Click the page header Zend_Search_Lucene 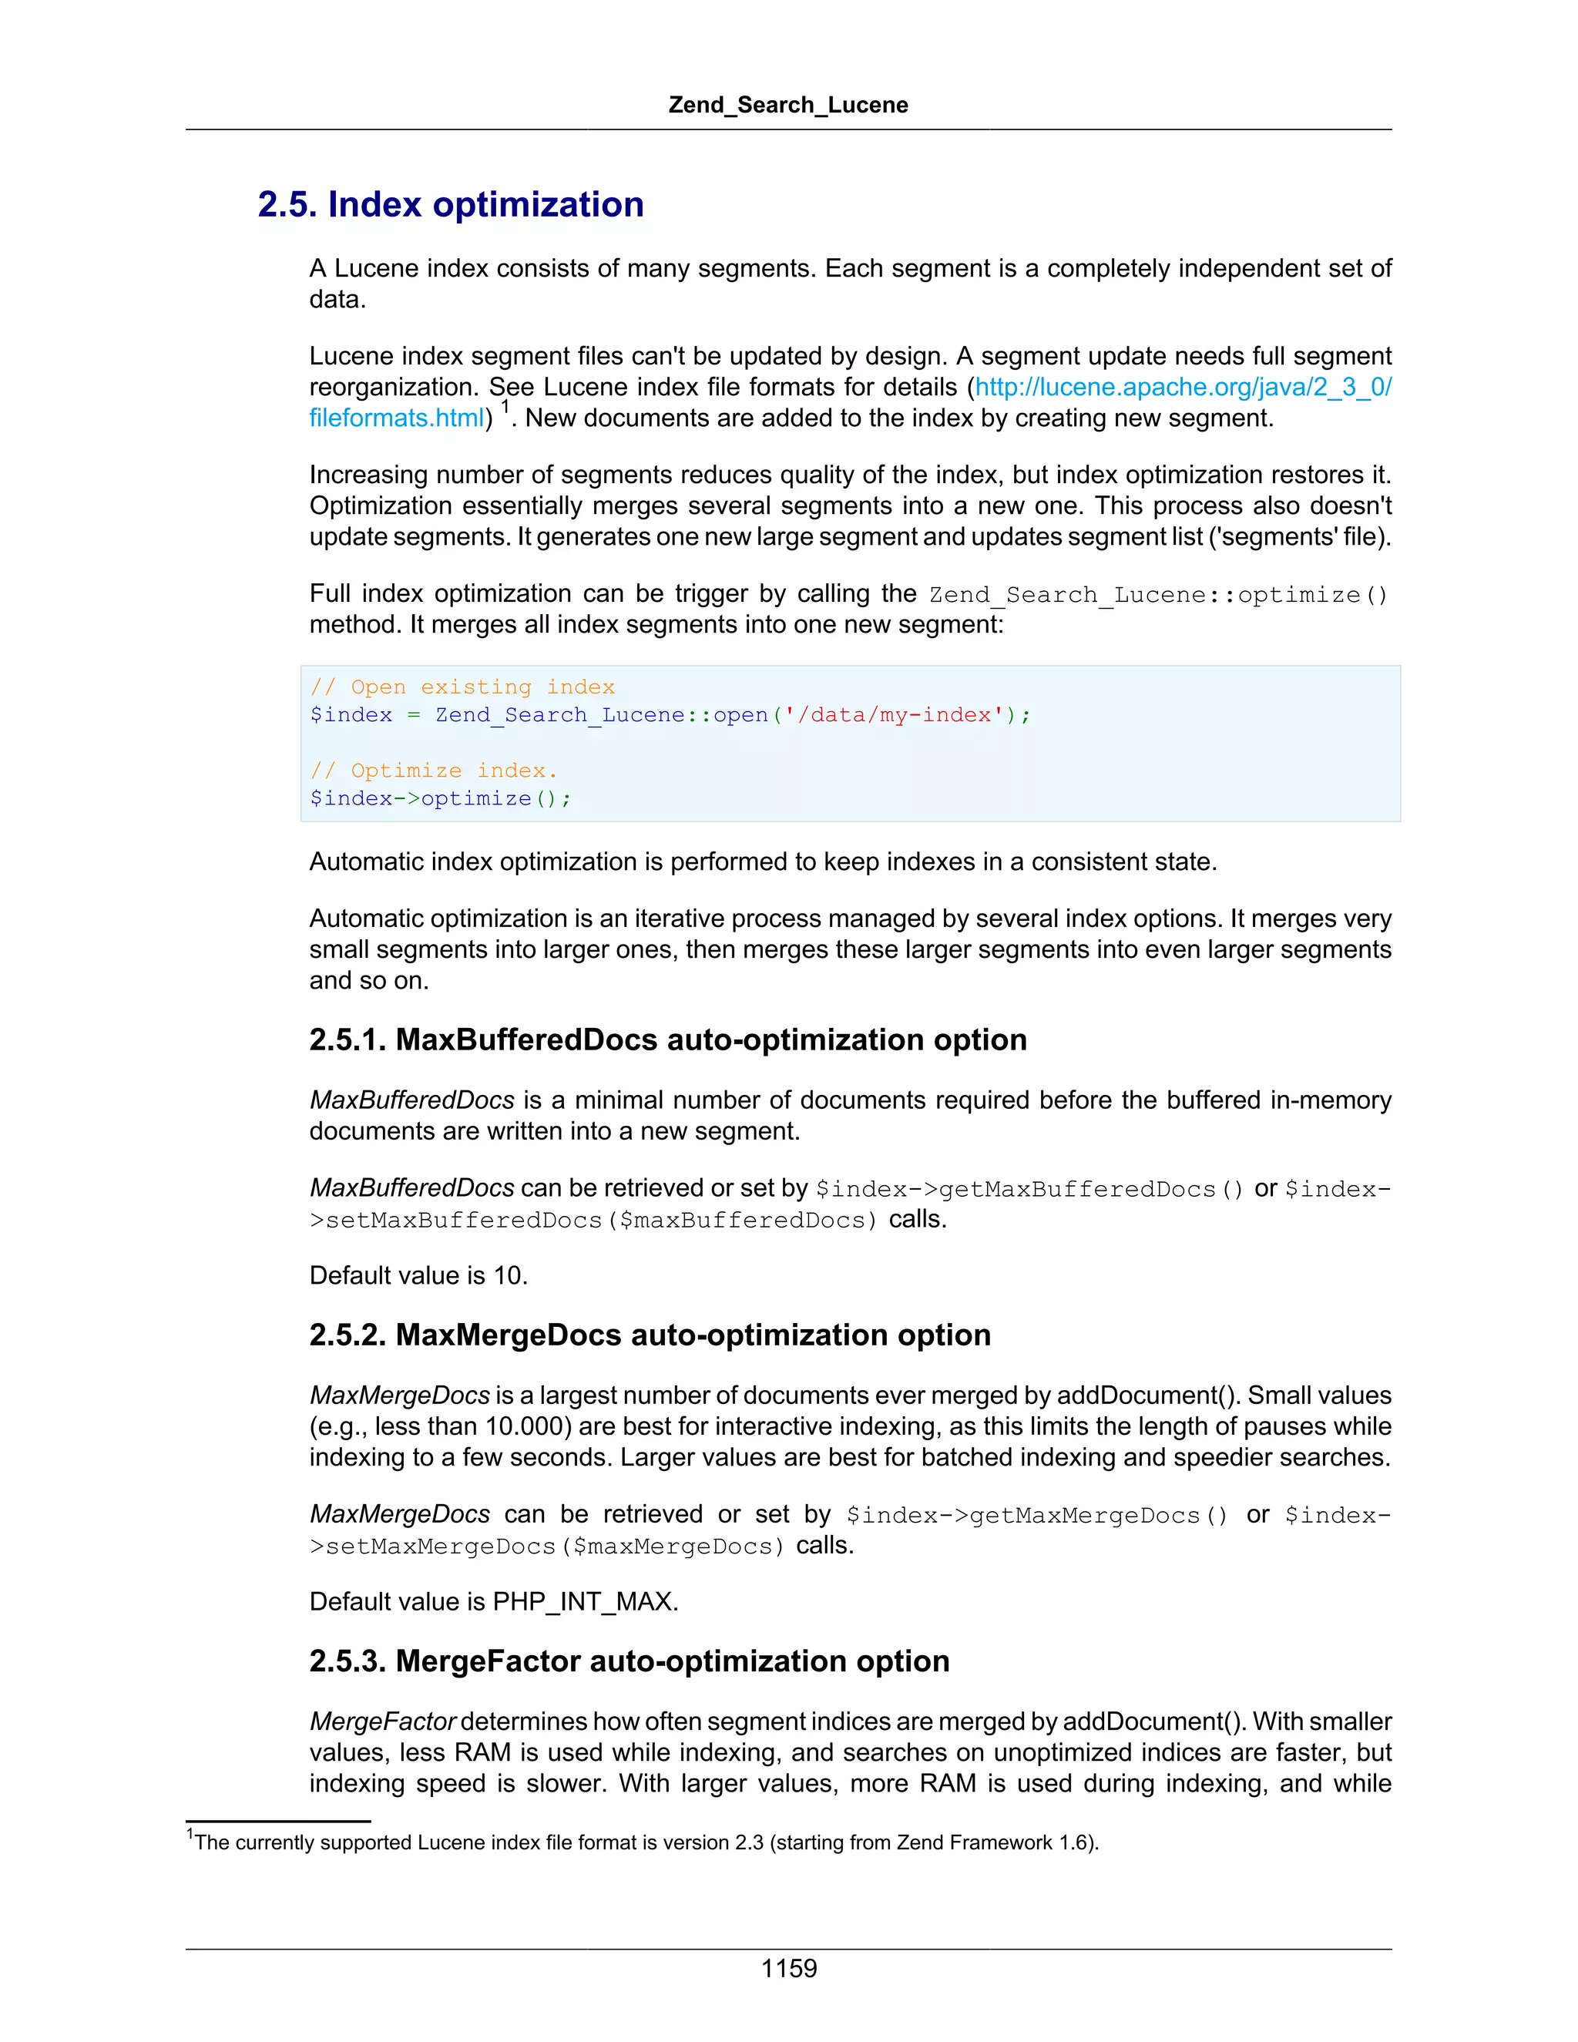pyautogui.click(x=788, y=105)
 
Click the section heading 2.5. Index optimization pyautogui.click(x=451, y=205)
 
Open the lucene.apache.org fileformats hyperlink pyautogui.click(x=1183, y=387)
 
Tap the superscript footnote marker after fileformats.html pyautogui.click(x=505, y=407)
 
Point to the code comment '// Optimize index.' pyautogui.click(x=434, y=771)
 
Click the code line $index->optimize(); pyautogui.click(x=440, y=798)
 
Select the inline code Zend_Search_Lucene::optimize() pyautogui.click(x=1158, y=595)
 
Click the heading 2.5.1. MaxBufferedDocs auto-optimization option pyautogui.click(x=667, y=1039)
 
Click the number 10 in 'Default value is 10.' pyautogui.click(x=507, y=1275)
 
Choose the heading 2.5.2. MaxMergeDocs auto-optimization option pyautogui.click(x=650, y=1335)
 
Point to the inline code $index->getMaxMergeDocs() pyautogui.click(x=1036, y=1516)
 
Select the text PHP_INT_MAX pyautogui.click(x=583, y=1602)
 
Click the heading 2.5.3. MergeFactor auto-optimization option pyautogui.click(x=630, y=1661)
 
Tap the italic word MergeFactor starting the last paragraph pyautogui.click(x=382, y=1721)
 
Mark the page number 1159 pyautogui.click(x=788, y=1969)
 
